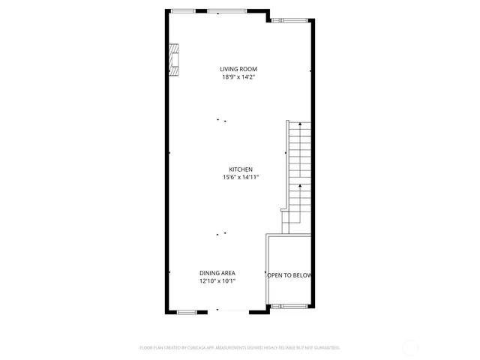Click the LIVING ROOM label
click(238, 69)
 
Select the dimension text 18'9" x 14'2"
click(238, 77)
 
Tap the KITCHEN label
click(241, 169)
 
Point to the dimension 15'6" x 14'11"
click(241, 178)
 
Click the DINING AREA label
click(217, 273)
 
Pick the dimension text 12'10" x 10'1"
click(217, 281)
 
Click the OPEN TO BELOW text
click(289, 276)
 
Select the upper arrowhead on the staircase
click(300, 124)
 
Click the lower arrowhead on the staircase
click(300, 184)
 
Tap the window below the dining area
click(187, 310)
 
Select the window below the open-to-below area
click(288, 307)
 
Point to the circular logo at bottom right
click(410, 347)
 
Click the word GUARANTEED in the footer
click(324, 348)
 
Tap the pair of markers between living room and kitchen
click(221, 120)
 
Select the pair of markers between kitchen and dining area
click(221, 235)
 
